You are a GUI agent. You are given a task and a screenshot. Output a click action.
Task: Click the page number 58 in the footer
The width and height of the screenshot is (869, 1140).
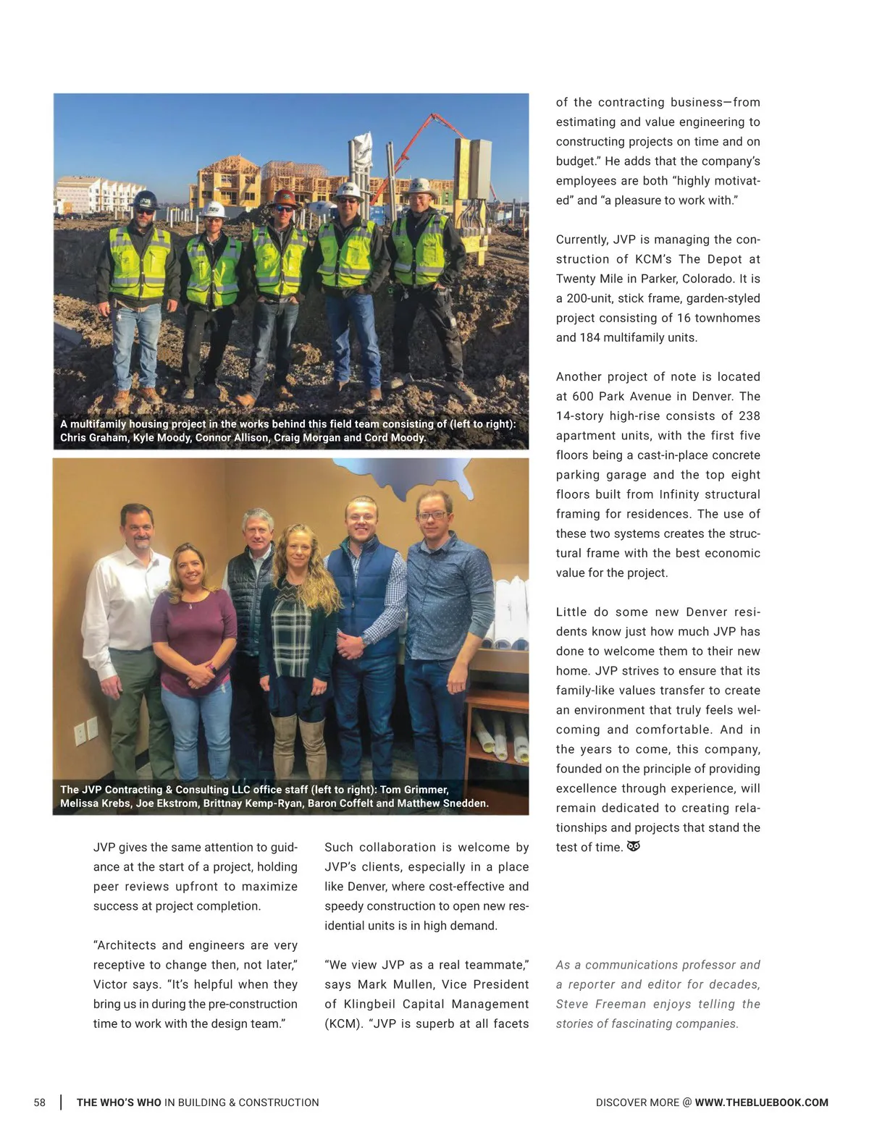[39, 1102]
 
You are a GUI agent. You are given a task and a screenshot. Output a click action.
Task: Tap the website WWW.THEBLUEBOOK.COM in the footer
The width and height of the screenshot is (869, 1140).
[761, 1102]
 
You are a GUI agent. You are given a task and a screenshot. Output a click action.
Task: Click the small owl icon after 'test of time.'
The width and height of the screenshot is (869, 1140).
[633, 846]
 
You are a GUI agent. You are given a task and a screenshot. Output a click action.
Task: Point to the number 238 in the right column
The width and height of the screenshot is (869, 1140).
[750, 415]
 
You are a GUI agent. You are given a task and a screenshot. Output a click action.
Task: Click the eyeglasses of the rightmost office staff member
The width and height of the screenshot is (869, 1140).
[432, 515]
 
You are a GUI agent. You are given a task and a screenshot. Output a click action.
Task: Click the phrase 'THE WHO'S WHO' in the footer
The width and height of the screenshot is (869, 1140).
[119, 1102]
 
